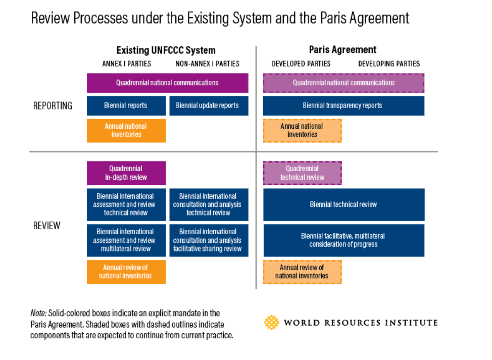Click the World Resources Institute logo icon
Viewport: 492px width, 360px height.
(271, 323)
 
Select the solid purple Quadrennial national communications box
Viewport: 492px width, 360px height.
(167, 83)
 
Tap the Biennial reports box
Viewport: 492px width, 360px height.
(126, 106)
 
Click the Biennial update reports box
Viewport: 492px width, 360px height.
(208, 106)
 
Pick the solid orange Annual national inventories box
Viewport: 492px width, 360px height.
(126, 130)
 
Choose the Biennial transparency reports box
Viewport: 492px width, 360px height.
(343, 106)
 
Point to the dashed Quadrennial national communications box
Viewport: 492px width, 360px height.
(343, 83)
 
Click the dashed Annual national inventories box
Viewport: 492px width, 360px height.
(302, 130)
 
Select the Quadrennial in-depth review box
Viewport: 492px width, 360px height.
(126, 173)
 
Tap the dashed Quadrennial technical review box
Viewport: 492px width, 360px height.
(302, 173)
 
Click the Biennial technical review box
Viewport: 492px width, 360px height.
(343, 204)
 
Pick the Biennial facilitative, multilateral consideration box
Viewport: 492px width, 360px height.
(343, 240)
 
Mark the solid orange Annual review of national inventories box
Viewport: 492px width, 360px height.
(126, 272)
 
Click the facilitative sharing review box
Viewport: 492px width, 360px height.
(208, 240)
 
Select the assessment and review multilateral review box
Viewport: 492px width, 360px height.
(126, 240)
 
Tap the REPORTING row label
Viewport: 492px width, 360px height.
(53, 106)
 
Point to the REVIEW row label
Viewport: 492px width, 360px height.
(46, 226)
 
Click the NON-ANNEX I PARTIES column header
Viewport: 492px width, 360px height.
(207, 64)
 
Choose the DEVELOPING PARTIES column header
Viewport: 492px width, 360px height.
(389, 64)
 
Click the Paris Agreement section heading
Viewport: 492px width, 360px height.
(342, 50)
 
